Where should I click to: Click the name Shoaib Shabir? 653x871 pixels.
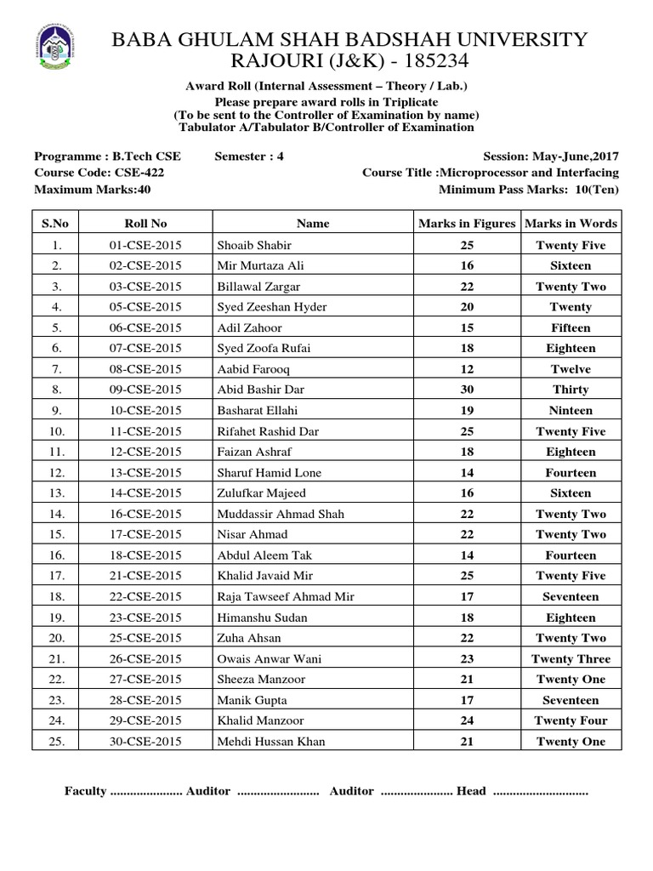254,245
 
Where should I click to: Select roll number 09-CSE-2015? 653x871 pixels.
146,390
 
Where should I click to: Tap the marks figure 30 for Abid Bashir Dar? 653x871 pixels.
467,390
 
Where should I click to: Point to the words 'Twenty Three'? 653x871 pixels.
571,659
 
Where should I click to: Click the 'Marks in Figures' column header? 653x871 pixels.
467,224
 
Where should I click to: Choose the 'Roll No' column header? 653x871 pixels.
146,224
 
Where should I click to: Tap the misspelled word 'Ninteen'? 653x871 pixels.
571,410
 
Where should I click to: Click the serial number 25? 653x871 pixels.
55,742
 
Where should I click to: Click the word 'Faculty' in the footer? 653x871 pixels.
85,791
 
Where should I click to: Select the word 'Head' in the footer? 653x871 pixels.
471,791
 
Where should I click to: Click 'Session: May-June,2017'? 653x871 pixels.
550,157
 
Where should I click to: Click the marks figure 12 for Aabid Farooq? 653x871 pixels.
467,369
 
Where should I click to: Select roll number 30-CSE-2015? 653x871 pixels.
146,742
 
